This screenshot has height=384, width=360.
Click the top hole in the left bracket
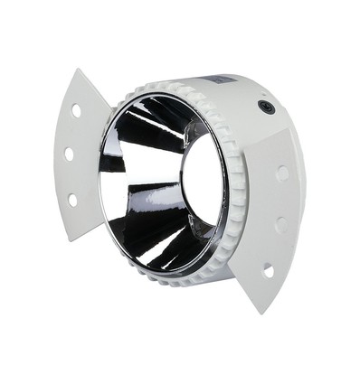coord(76,111)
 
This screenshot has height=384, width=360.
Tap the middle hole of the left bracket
coord(69,155)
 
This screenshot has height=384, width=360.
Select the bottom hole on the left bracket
coord(72,199)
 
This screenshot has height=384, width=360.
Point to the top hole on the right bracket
coord(283,172)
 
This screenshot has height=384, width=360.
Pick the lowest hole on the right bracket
coord(269,269)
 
